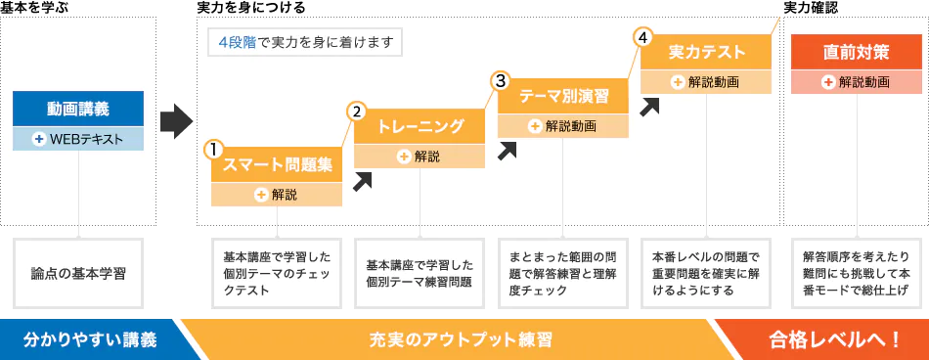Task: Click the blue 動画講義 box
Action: (x=78, y=109)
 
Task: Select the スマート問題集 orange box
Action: (x=278, y=163)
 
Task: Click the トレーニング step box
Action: (x=420, y=126)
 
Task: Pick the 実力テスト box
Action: (x=706, y=52)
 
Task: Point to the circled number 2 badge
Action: (x=357, y=112)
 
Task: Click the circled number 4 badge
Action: (x=642, y=37)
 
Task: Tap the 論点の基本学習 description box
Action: (x=78, y=273)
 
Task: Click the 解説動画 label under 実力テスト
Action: (x=713, y=82)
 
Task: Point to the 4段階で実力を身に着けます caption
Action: (x=304, y=43)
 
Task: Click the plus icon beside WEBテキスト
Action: (x=39, y=139)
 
